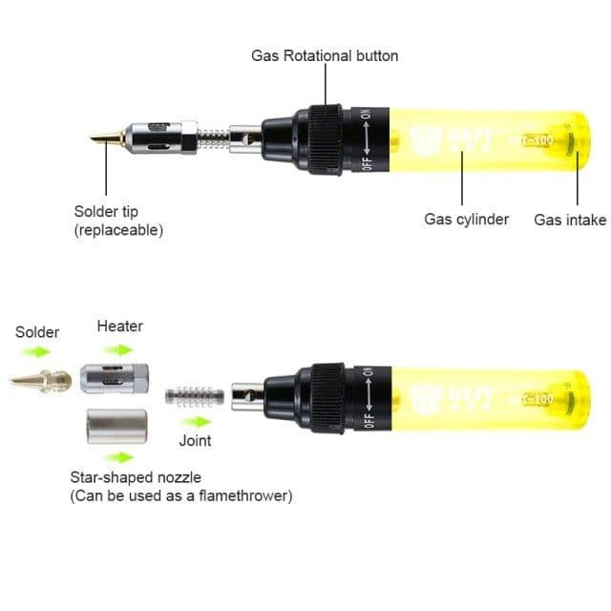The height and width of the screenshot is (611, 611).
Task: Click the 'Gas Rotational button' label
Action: point(325,55)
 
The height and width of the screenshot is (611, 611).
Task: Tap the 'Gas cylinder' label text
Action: point(467,220)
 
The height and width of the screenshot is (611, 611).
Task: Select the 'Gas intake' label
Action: point(570,220)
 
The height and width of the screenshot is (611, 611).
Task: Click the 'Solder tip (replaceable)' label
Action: point(118,221)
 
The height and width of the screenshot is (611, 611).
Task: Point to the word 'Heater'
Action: point(120,327)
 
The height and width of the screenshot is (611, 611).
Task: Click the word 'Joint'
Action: point(195,441)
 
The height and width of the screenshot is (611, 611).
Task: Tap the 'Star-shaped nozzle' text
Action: point(136,477)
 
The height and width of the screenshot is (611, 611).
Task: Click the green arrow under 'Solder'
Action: point(36,352)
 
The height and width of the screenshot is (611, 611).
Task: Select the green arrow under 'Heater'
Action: point(119,349)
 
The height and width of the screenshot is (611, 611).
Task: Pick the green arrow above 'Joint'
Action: point(197,422)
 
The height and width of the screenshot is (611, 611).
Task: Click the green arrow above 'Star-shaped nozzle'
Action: point(120,457)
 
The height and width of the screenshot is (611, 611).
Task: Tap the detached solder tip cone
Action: point(41,380)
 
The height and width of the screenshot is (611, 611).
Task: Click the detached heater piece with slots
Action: point(115,378)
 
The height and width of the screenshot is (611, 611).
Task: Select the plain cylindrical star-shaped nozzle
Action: point(116,427)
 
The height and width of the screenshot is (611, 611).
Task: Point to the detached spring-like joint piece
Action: point(195,396)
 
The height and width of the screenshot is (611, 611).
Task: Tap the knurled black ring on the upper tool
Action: point(326,139)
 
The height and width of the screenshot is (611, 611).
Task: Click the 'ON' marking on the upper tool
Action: point(366,115)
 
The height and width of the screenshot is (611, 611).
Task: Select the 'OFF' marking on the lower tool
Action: point(369,420)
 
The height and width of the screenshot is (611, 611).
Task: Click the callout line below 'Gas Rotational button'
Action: point(326,85)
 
